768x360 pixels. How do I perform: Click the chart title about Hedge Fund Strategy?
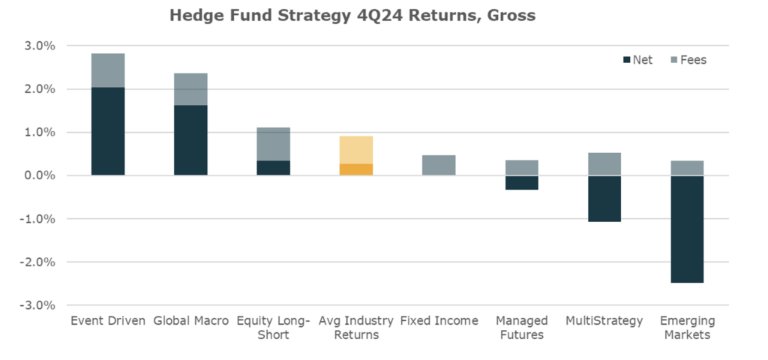352,15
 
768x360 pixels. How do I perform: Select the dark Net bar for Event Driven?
108,131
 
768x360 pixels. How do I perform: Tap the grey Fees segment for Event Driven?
108,70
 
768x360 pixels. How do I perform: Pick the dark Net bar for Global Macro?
190,140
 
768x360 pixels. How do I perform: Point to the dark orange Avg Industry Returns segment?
355,169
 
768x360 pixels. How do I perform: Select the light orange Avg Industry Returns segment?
355,150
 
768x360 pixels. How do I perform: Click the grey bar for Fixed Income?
438,165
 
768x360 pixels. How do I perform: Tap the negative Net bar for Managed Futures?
520,182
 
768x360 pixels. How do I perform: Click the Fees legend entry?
688,60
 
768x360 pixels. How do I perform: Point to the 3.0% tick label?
40,46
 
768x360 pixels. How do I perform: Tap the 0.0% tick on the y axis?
40,175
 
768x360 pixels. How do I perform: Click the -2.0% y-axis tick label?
38,262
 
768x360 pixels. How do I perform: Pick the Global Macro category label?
190,321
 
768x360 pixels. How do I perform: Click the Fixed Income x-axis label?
438,321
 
